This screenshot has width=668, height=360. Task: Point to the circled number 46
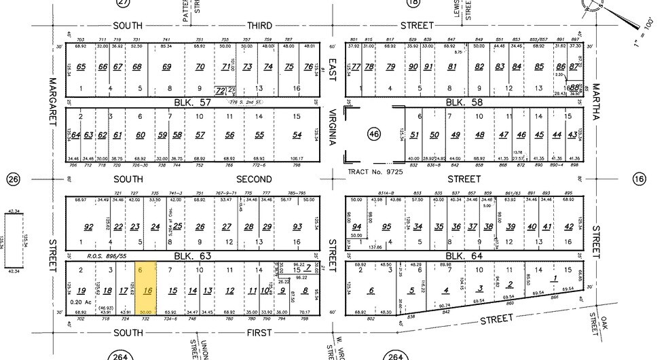[x=374, y=135]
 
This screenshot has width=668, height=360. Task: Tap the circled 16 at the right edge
[x=638, y=179]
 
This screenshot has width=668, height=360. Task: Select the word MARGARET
[x=52, y=102]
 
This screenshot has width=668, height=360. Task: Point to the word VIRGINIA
[x=333, y=128]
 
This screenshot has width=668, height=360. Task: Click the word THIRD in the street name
[x=258, y=25]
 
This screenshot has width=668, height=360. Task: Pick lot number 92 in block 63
[x=88, y=227]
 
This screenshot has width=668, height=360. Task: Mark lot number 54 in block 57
[x=297, y=135]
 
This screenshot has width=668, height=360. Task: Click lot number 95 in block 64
[x=387, y=227]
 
